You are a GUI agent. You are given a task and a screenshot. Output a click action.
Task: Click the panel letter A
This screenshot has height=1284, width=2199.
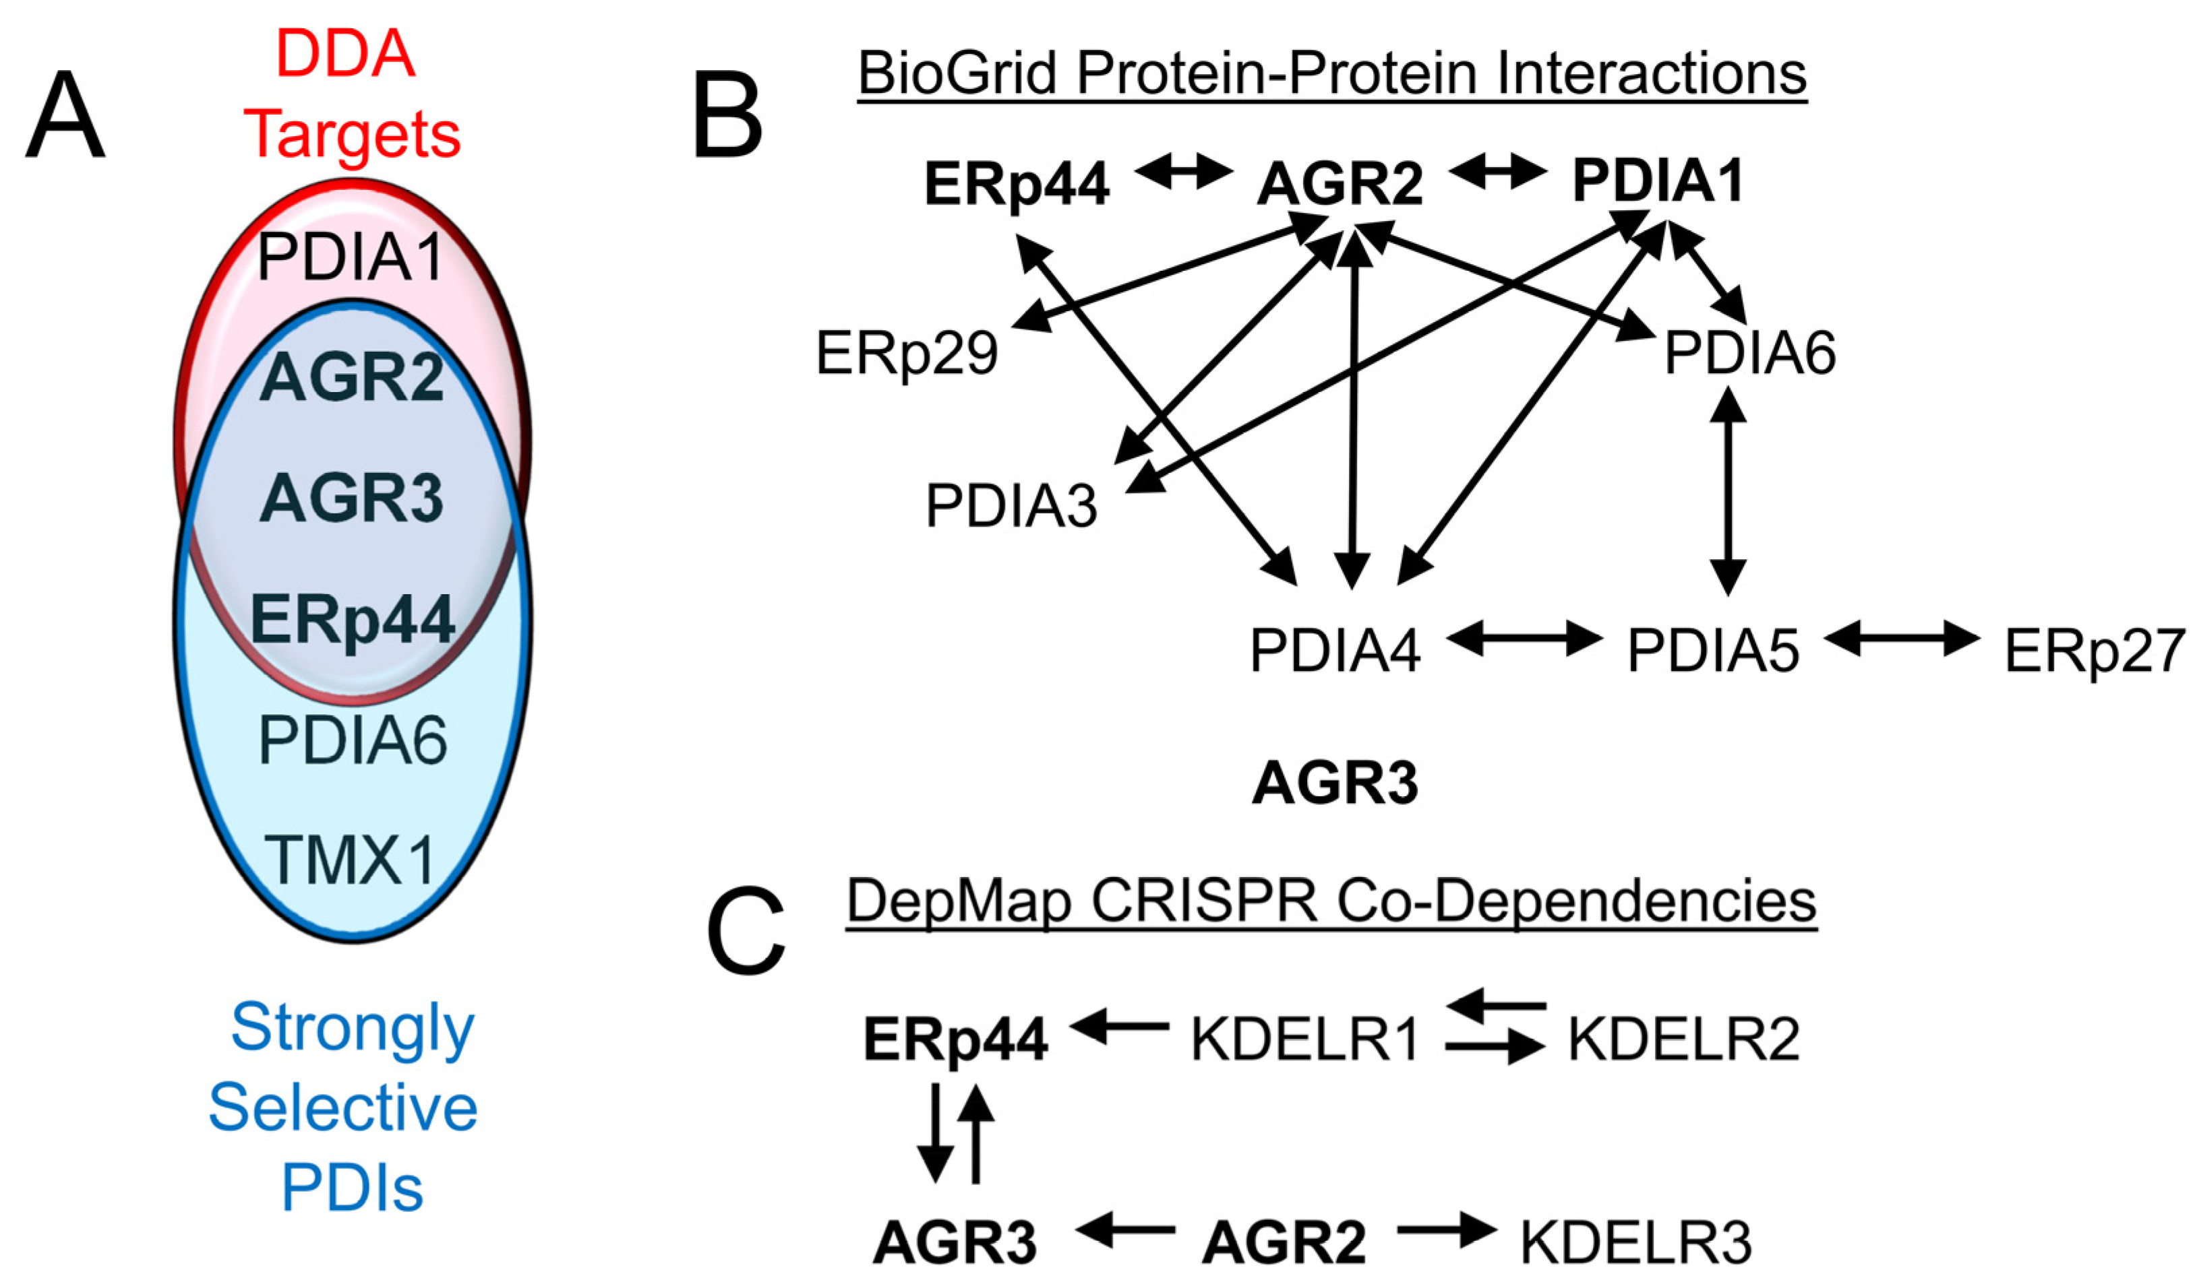[x=65, y=115]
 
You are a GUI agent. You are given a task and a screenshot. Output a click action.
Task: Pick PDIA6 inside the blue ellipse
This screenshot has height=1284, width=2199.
[x=353, y=740]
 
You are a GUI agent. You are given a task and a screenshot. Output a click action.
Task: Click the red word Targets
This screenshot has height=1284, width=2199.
[x=352, y=135]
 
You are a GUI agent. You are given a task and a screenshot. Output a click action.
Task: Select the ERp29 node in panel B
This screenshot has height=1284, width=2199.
[x=907, y=353]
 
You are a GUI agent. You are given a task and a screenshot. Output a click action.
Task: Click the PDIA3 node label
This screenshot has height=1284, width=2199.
[x=1011, y=506]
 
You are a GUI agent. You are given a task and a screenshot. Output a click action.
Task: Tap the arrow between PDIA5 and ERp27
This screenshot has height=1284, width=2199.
[x=1902, y=639]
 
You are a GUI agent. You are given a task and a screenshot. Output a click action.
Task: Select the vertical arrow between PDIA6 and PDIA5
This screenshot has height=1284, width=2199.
[x=1727, y=490]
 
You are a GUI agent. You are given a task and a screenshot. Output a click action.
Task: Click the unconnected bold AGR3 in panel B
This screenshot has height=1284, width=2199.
[x=1334, y=782]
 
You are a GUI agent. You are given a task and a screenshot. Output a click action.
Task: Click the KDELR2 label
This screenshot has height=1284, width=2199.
[x=1683, y=1039]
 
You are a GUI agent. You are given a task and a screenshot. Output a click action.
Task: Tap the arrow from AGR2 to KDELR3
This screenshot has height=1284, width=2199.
[x=1446, y=1231]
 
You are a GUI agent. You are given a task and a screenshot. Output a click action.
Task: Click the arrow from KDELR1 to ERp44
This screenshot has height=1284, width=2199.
[x=1120, y=1026]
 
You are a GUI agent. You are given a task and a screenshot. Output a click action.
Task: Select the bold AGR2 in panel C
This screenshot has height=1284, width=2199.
[x=1284, y=1243]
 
